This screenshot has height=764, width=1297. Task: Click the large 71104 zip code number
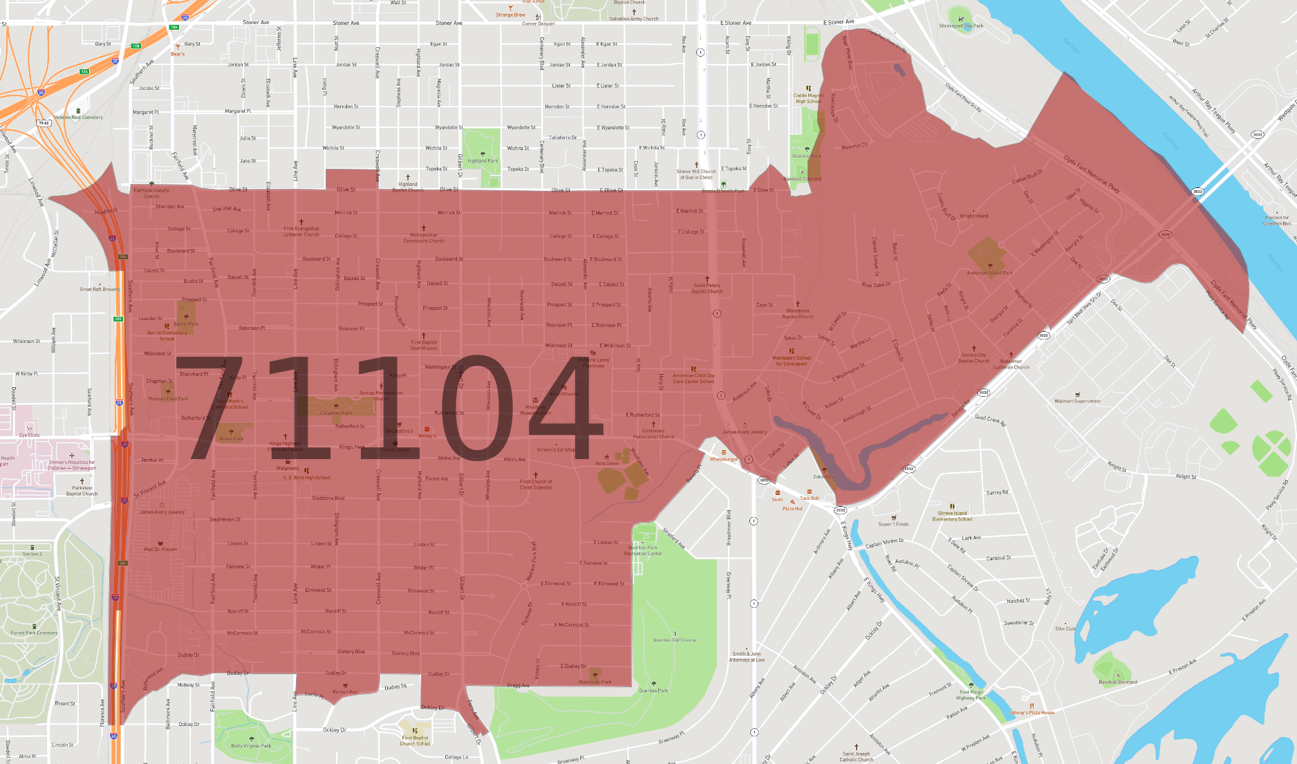pos(387,408)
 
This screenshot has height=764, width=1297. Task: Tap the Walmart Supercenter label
pos(1077,401)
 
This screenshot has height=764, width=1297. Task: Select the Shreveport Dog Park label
pos(961,26)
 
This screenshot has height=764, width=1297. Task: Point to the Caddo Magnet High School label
pos(808,98)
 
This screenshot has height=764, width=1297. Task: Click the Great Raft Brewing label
pos(100,289)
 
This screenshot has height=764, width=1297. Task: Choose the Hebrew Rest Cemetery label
pos(78,117)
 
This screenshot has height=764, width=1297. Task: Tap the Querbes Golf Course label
pos(675,640)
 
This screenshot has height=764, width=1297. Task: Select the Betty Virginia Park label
pos(251,746)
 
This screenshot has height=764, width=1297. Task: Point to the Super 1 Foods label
pos(893,524)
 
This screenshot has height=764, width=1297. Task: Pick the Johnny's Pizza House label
pos(1032,712)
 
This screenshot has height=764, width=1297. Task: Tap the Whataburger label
pos(723,459)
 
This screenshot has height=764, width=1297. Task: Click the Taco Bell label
pos(810,498)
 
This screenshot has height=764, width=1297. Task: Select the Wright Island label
pos(973,216)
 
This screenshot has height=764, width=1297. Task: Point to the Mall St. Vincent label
pos(160,549)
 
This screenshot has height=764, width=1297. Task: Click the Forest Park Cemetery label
pos(34,633)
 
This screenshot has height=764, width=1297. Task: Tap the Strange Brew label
pos(510,15)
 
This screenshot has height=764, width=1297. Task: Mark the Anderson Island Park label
pos(989,272)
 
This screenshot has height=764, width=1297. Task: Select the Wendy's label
pos(427,436)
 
